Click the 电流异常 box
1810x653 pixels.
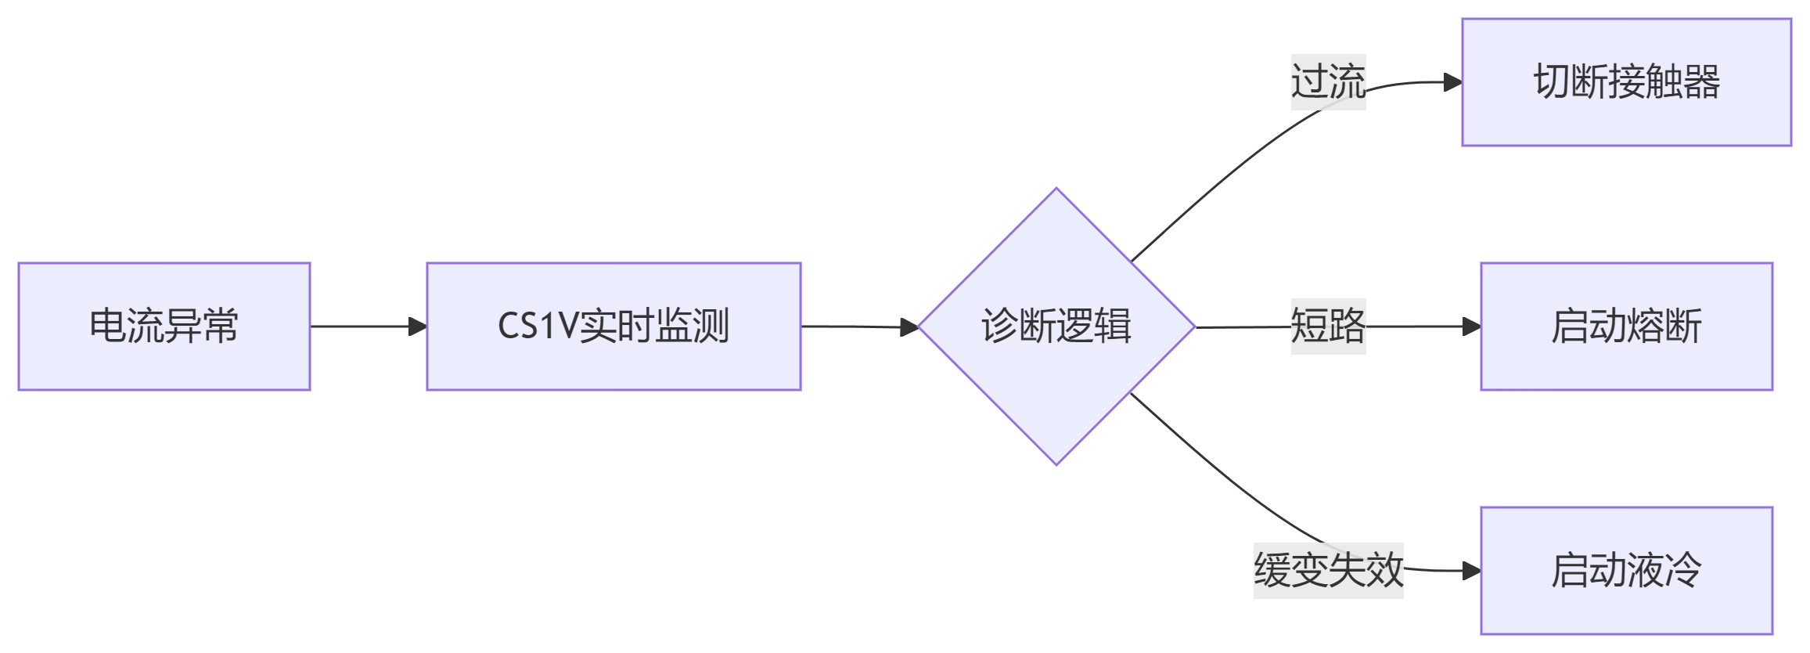coord(164,326)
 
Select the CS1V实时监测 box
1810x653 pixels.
coord(614,326)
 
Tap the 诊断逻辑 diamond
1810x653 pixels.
coord(1056,326)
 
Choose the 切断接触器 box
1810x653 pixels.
coord(1626,82)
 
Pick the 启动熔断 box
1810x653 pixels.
coord(1626,326)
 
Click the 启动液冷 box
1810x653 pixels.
coord(1626,571)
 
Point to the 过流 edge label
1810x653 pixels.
coord(1328,82)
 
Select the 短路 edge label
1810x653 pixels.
coord(1328,326)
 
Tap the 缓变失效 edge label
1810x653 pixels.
coord(1328,571)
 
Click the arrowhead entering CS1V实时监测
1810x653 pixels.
coord(419,326)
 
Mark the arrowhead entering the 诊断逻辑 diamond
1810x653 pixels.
coord(909,327)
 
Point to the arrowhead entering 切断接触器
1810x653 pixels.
coord(1453,82)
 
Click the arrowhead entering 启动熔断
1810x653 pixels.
coord(1472,326)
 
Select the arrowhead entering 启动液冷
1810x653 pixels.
coord(1472,571)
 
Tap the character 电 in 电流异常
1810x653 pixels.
coord(108,326)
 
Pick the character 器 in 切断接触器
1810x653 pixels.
coord(1701,82)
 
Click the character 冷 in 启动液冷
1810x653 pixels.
coord(1682,571)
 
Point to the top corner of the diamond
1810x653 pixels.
coord(1056,190)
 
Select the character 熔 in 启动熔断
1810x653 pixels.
coord(1645,326)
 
